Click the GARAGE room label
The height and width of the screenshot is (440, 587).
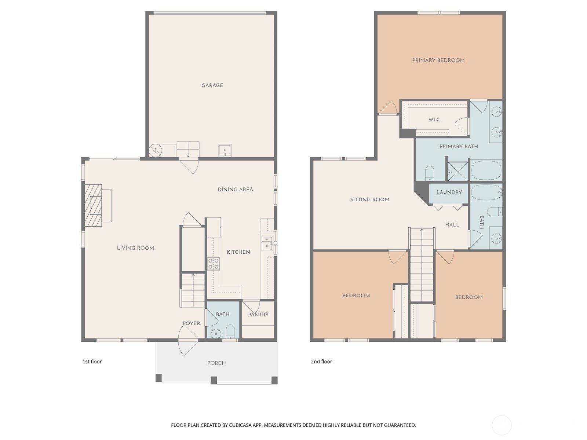[x=212, y=85]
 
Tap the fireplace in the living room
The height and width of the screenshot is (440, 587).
[x=94, y=205]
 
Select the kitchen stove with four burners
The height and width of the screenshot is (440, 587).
[x=214, y=264]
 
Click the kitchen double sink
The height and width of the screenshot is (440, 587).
[x=267, y=243]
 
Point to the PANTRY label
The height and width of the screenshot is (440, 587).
[x=258, y=315]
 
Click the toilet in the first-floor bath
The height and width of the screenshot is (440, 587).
[x=230, y=331]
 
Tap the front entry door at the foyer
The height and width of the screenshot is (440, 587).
[x=188, y=340]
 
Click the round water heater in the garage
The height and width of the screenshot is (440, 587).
[x=155, y=150]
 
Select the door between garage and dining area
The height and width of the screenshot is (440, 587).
[x=189, y=166]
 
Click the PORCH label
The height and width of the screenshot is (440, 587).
[x=216, y=363]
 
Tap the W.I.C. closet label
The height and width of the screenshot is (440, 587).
[x=434, y=120]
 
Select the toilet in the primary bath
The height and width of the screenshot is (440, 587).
[x=430, y=173]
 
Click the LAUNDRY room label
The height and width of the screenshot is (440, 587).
[x=449, y=192]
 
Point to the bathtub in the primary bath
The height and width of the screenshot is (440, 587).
[x=486, y=170]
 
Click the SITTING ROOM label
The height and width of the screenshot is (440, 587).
[x=369, y=200]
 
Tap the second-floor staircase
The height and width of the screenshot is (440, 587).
[x=422, y=264]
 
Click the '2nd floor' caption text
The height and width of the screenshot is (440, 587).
[x=321, y=362]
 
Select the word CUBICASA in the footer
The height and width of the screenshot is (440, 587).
[x=242, y=425]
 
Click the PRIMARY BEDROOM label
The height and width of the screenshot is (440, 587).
[x=438, y=60]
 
